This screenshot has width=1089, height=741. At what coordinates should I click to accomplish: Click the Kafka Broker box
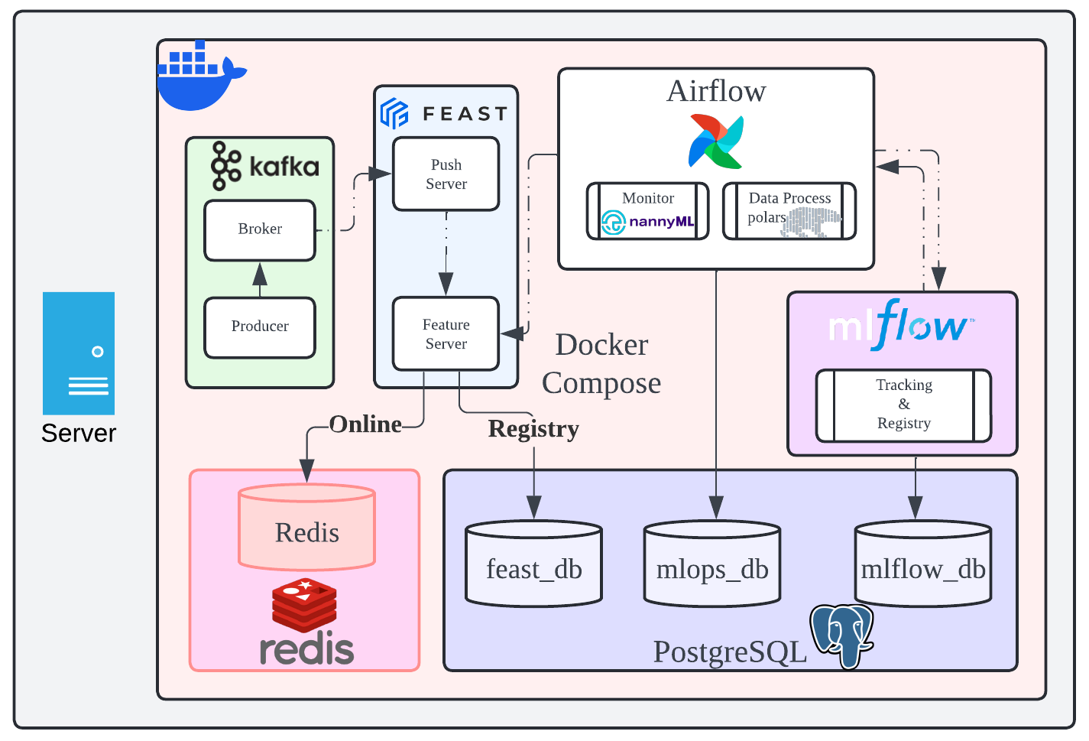point(260,229)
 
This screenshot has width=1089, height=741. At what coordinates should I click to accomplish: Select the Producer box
point(260,327)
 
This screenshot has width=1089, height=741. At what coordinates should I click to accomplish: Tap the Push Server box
point(446,174)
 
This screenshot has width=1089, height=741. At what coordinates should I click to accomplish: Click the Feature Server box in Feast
point(446,334)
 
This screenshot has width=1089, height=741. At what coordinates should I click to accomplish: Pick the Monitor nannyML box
point(648,211)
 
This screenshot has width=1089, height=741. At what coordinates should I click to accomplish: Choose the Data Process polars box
point(789,211)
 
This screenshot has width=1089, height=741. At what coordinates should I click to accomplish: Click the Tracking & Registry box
point(904,405)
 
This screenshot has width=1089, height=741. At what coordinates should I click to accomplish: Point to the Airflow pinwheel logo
point(716,141)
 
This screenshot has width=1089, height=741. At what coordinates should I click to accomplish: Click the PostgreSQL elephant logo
point(842,635)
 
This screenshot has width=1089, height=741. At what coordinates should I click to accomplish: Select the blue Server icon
point(79,353)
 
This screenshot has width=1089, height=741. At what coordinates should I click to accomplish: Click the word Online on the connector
point(365,424)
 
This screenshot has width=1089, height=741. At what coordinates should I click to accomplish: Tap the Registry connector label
point(533,429)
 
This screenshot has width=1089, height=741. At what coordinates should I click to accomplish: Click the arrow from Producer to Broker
point(260,279)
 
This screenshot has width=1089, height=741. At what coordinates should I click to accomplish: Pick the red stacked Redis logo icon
point(305,604)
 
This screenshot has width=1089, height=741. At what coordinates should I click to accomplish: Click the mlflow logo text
point(900,325)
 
